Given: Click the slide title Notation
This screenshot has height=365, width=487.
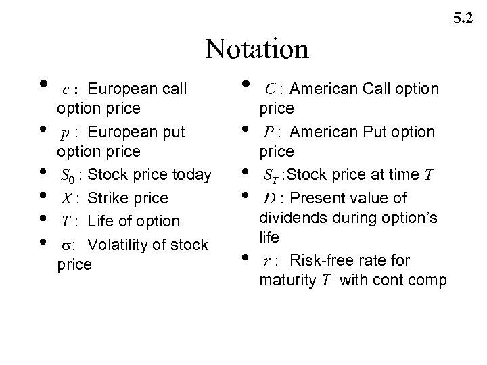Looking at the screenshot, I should [x=257, y=48].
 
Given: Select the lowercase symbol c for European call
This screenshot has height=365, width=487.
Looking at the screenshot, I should [x=65, y=89].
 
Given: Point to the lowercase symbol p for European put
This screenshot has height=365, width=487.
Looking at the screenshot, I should [x=65, y=132].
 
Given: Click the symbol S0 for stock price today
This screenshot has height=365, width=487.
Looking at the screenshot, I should [x=68, y=176].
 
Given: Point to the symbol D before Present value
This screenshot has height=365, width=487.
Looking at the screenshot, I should [x=269, y=198].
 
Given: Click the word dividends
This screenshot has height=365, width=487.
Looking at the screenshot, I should [x=289, y=218].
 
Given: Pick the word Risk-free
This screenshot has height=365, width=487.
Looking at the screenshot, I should [x=315, y=261].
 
